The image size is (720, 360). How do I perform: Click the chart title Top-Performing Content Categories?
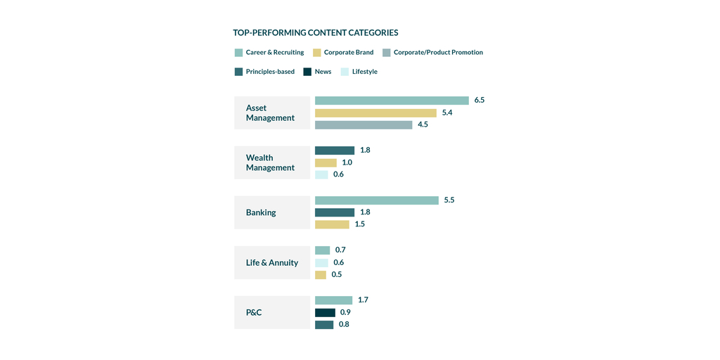click(316, 32)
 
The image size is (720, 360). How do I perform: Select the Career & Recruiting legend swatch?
click(238, 53)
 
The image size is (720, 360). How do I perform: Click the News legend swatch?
click(307, 72)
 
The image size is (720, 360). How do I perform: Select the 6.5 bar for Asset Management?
click(392, 101)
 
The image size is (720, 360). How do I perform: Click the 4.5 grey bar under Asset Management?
click(364, 125)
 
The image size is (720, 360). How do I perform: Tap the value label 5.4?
click(447, 112)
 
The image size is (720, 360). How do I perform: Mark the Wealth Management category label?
click(270, 162)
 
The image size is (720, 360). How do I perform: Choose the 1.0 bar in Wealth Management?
click(326, 162)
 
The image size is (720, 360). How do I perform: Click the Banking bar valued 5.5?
click(377, 200)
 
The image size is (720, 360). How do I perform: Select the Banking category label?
click(261, 212)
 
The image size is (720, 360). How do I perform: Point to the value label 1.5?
click(360, 224)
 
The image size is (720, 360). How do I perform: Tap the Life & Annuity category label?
click(272, 262)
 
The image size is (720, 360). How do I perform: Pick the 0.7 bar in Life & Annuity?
click(322, 250)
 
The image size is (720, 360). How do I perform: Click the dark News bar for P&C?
click(325, 312)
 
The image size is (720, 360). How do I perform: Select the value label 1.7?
click(363, 300)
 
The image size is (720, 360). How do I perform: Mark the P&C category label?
click(254, 312)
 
